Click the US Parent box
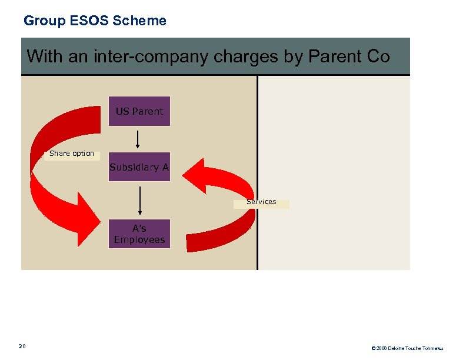[x=139, y=111]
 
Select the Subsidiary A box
[x=139, y=167]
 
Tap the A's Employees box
[x=139, y=234]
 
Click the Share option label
[x=72, y=154]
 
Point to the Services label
[x=261, y=202]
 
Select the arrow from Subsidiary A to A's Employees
[x=139, y=201]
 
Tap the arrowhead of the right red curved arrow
[x=194, y=174]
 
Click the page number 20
[x=22, y=345]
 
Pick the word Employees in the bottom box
[x=139, y=240]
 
